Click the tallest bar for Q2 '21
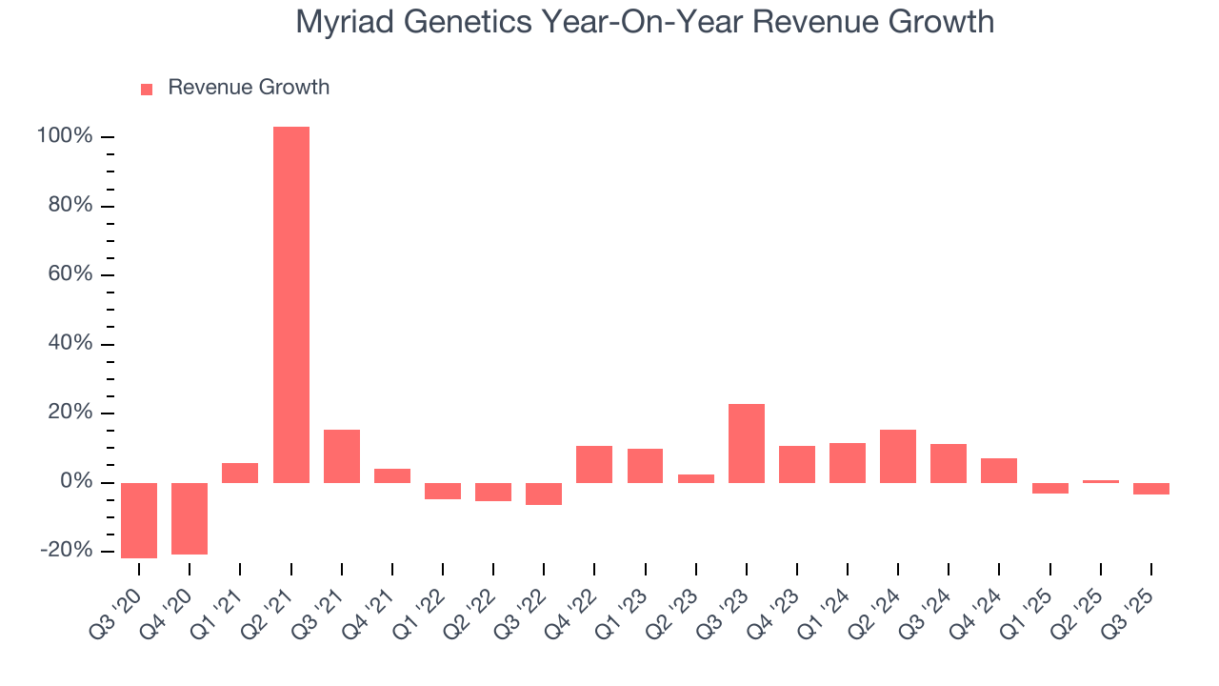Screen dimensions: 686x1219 coord(290,305)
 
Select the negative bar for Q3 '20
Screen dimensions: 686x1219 coord(139,520)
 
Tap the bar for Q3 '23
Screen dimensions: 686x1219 coord(747,443)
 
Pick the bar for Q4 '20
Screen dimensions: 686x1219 coord(190,518)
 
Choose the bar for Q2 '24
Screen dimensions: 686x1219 coord(898,456)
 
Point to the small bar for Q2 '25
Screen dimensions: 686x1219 coord(1101,481)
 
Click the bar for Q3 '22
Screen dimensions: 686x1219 coord(544,494)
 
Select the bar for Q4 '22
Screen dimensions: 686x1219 coord(594,464)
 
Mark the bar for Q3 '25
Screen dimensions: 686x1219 coord(1151,489)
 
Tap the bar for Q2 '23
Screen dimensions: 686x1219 coord(696,478)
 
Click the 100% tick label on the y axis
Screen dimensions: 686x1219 coord(65,137)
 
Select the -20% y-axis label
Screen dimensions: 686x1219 coord(66,551)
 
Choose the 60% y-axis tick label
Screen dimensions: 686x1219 coord(70,275)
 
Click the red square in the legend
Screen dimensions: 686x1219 coord(147,90)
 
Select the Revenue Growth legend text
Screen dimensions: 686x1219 coord(249,88)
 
